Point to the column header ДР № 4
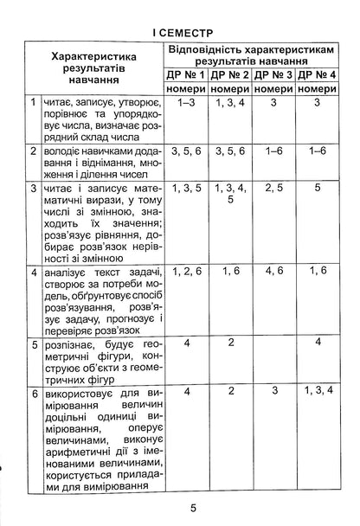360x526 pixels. click(318, 76)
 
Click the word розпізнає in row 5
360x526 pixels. click(70, 344)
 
